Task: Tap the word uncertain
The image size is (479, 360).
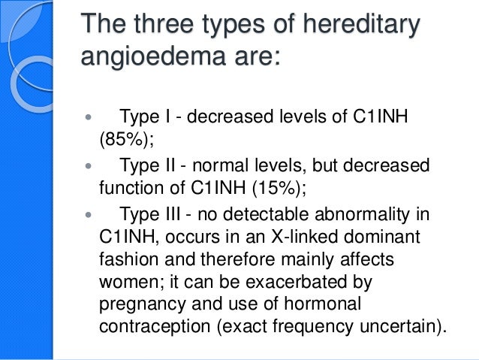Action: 396,328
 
